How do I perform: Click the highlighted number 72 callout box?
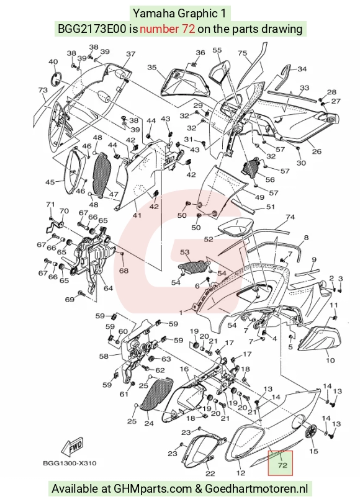[281, 464]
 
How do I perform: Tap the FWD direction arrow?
[73, 447]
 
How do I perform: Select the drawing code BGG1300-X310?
[70, 463]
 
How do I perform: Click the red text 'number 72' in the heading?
[167, 29]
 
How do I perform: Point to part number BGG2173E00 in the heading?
[92, 29]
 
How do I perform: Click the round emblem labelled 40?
[57, 79]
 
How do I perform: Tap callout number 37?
[131, 54]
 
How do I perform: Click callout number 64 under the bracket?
[108, 288]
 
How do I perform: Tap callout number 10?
[330, 361]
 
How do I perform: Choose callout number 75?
[243, 53]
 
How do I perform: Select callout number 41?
[137, 215]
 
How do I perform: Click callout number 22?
[210, 473]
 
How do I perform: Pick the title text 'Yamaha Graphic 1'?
[179, 14]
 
